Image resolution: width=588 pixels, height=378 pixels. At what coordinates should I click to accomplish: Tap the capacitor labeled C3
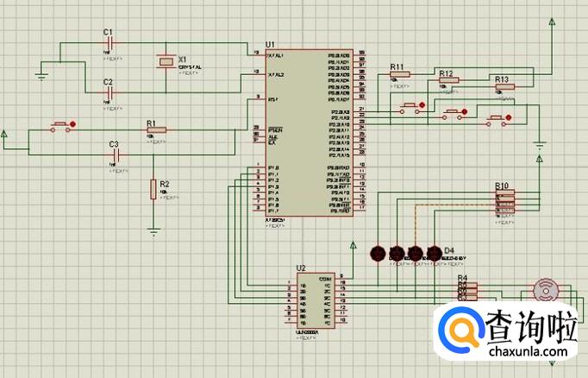[x=113, y=154]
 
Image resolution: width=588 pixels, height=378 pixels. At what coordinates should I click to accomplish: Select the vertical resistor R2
[x=154, y=189]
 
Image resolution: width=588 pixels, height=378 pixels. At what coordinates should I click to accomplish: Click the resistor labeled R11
[x=401, y=74]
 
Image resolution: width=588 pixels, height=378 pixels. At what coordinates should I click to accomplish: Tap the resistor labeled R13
[x=503, y=87]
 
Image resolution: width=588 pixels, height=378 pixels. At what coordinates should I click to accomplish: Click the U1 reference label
[x=270, y=43]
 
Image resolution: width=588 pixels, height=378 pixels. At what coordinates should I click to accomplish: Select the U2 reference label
[x=300, y=268]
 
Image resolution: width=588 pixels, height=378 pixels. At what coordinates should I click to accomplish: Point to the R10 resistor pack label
[x=502, y=186]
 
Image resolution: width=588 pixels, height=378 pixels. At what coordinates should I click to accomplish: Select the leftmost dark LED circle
[x=377, y=253]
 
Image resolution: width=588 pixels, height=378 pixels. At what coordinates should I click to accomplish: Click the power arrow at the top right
[x=552, y=21]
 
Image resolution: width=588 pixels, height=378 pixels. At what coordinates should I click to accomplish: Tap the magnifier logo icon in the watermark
[x=462, y=331]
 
